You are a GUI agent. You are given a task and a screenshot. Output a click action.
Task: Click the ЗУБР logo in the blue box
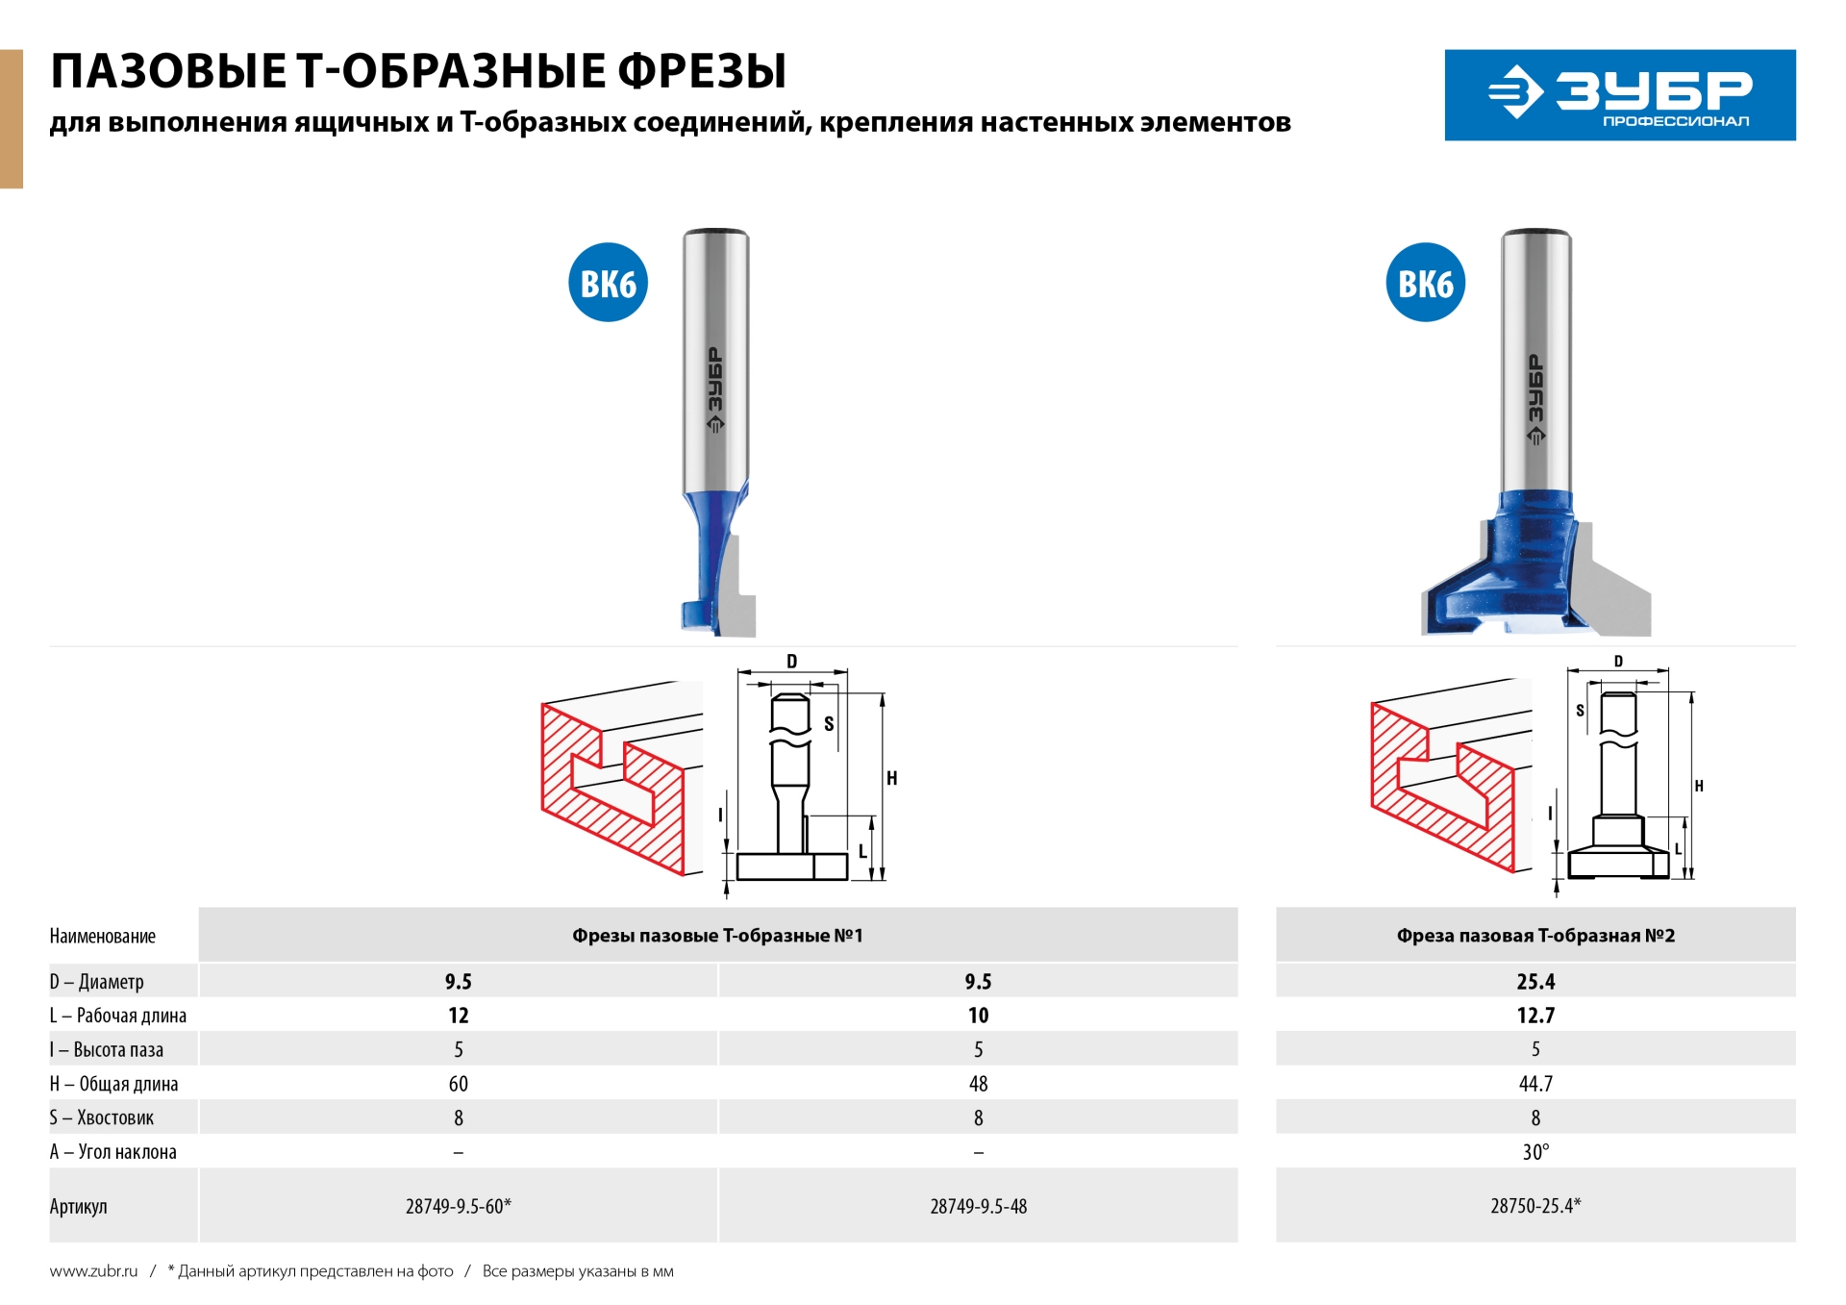click(1619, 94)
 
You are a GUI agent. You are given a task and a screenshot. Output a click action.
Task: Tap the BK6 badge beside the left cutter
click(608, 283)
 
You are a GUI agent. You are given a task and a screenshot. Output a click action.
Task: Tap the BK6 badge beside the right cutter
click(1425, 283)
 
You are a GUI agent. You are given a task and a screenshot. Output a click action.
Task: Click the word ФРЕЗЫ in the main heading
click(701, 71)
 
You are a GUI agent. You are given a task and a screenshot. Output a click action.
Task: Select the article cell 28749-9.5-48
click(978, 1206)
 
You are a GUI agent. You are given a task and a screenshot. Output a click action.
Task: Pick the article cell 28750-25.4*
click(1535, 1206)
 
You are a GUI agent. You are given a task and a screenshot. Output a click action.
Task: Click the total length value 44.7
click(1535, 1084)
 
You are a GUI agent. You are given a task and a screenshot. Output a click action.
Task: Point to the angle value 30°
click(1535, 1152)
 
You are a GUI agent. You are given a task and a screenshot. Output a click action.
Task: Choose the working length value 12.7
click(1535, 1016)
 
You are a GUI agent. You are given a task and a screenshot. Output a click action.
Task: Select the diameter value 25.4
click(1535, 982)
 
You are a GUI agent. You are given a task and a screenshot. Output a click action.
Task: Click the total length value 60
click(458, 1084)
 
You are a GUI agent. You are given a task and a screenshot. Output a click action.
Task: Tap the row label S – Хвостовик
click(102, 1117)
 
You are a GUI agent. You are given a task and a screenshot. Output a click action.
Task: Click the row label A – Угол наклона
click(113, 1152)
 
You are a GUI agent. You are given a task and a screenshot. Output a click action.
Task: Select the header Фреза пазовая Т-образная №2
click(1535, 936)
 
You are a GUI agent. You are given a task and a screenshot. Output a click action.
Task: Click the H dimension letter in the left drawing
click(892, 779)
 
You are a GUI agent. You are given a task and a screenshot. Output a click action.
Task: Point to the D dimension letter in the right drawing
click(1618, 662)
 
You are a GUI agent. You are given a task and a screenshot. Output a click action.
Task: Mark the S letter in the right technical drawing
click(1580, 711)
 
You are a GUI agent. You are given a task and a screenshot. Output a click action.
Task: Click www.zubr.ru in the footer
click(93, 1271)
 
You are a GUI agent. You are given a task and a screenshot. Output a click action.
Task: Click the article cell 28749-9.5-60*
click(458, 1206)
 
